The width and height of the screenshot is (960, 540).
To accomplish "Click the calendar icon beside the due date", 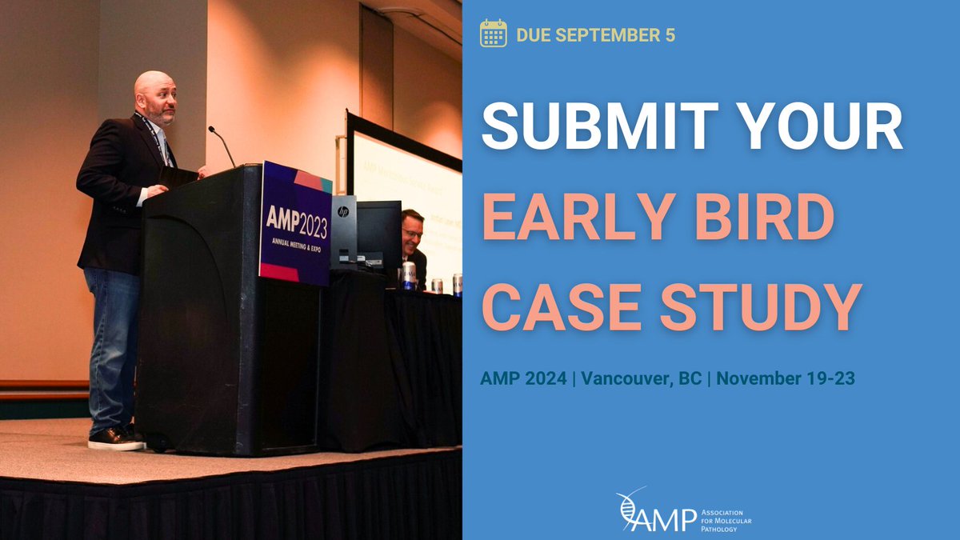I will pyautogui.click(x=493, y=34).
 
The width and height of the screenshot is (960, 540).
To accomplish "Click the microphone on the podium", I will pyautogui.click(x=222, y=144).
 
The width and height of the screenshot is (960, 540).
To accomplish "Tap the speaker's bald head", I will pyautogui.click(x=154, y=86).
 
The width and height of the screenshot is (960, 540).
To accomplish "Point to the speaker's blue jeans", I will pyautogui.click(x=113, y=344).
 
